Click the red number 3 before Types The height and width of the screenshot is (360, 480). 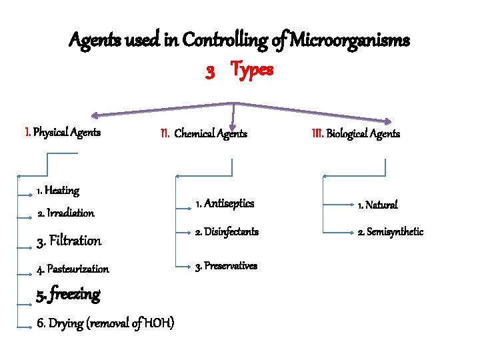210,71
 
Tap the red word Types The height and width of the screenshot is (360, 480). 252,70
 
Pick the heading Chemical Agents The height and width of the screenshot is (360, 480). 210,133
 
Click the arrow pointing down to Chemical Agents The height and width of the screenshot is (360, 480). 233,116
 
